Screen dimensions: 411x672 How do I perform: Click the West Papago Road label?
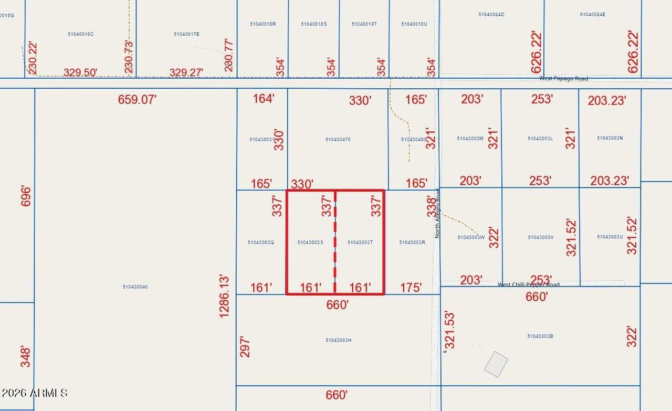pos(563,79)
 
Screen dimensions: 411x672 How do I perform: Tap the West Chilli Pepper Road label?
pos(528,284)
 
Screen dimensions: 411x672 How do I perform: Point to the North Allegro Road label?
pos(437,214)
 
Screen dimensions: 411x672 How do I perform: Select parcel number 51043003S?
pos(310,243)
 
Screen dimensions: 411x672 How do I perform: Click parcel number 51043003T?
pos(360,243)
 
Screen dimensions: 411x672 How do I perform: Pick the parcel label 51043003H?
pos(338,341)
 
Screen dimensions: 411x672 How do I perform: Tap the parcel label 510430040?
pos(135,287)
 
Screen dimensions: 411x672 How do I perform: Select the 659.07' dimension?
pos(137,100)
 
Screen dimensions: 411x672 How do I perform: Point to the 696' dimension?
pos(26,196)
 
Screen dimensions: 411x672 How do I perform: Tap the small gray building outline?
pos(496,364)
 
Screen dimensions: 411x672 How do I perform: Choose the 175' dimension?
pos(411,288)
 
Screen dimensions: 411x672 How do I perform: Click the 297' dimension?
pos(245,347)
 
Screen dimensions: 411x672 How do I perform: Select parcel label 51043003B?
pos(540,336)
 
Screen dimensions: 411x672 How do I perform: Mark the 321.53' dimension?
pos(449,331)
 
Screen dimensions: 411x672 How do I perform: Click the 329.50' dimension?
pos(80,72)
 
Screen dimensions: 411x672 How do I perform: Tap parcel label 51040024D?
pos(491,15)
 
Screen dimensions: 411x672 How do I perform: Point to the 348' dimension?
pos(26,356)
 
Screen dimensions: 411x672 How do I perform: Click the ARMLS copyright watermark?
pos(35,393)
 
